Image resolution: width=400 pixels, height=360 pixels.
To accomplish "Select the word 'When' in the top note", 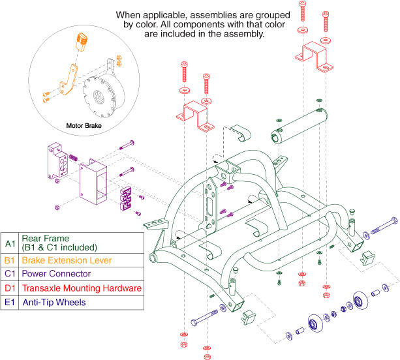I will point(129,14).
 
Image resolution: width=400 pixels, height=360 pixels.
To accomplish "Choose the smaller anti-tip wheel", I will point(314,323).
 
